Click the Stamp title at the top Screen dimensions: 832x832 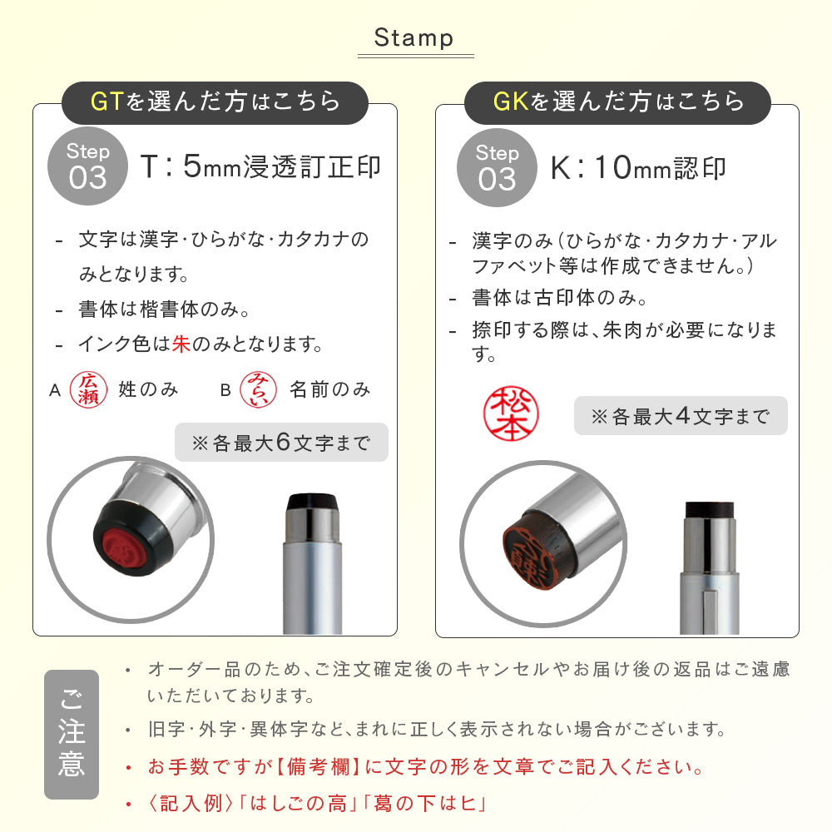point(414,38)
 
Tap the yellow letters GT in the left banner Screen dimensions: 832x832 point(107,102)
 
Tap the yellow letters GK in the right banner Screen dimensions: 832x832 point(511,102)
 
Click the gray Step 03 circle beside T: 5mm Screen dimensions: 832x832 point(87,166)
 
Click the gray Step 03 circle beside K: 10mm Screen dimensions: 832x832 point(497,168)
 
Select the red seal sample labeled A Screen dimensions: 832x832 point(89,389)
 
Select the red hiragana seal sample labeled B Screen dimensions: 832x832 point(259,389)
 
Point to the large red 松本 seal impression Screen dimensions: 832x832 point(511,414)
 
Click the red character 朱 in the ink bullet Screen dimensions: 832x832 point(181,344)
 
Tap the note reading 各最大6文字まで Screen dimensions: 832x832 point(281,443)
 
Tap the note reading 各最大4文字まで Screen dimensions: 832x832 point(681,416)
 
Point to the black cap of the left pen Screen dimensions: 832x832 point(312,502)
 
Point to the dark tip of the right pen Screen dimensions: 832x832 point(710,510)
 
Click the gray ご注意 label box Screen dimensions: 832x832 point(72,735)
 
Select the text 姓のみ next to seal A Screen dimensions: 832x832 point(148,389)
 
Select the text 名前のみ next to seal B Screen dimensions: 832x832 point(329,389)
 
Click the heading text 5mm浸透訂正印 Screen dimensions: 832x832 point(282,166)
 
